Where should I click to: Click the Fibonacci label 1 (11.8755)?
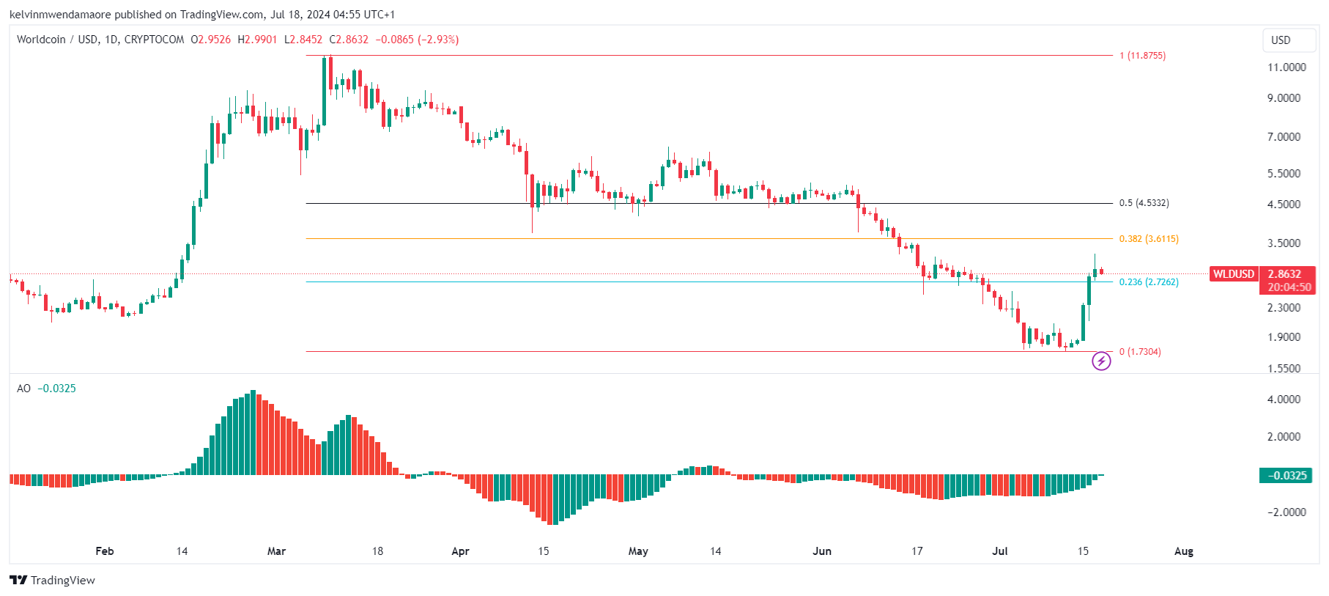[1142, 56]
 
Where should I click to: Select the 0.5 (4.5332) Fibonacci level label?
[1144, 203]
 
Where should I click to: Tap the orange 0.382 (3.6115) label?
[1149, 239]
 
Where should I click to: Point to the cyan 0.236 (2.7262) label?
[1149, 282]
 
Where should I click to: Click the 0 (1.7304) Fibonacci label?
[1140, 352]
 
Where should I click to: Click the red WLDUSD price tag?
[1234, 274]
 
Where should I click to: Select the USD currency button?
[1281, 40]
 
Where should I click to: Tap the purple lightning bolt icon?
[1101, 361]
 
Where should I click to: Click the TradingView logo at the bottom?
[53, 580]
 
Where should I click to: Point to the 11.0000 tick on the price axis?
[1287, 67]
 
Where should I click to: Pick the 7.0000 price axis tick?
[1284, 137]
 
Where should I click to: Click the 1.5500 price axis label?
[1284, 369]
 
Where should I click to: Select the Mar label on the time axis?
[276, 551]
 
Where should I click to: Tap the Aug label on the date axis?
[1183, 551]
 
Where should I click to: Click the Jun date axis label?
[822, 551]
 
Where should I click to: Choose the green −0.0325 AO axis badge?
[1285, 476]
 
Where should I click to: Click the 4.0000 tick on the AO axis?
[1284, 400]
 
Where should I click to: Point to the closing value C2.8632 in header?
[349, 40]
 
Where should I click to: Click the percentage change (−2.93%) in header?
[438, 40]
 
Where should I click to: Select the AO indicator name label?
[23, 389]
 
